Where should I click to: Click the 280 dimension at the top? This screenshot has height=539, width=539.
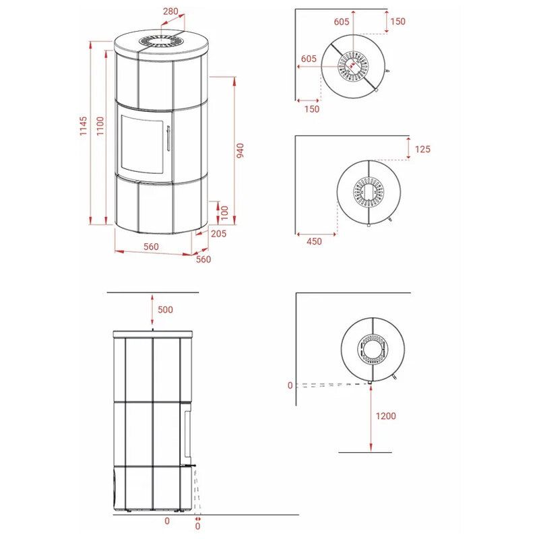pos(170,11)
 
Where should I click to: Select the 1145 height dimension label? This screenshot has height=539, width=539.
pos(84,126)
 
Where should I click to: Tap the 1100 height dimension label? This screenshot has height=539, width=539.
pos(100,126)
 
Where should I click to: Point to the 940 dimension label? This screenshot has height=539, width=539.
pos(240,150)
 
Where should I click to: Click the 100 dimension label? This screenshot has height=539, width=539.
pos(224,213)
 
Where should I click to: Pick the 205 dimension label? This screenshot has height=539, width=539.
pos(218,234)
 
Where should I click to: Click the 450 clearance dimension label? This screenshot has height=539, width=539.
pos(314,241)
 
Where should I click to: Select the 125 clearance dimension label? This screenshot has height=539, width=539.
pos(422,149)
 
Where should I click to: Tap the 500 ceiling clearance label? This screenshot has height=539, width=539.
pos(165,310)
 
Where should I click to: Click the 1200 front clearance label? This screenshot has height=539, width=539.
pos(385,416)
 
